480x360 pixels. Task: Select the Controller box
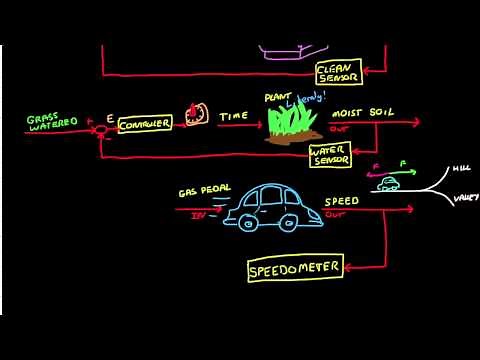click(145, 123)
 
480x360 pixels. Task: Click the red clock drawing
click(196, 113)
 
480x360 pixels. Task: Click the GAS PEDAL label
click(200, 190)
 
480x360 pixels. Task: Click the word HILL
click(461, 170)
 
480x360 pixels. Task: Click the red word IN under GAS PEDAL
click(198, 213)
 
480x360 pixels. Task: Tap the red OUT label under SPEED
click(334, 213)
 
